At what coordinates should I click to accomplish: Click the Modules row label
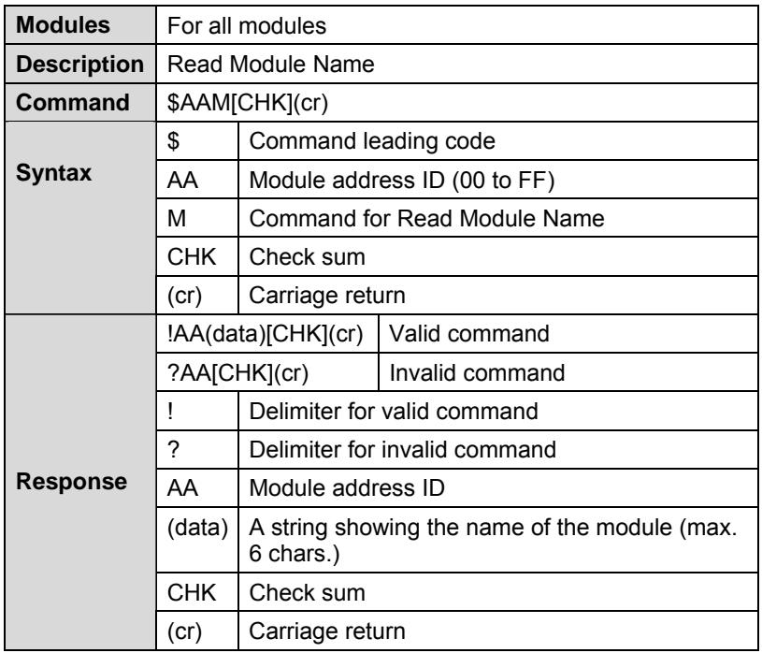(63, 25)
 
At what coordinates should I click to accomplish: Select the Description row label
(79, 65)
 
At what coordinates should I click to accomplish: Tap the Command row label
(72, 102)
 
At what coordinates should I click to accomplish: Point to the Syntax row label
(53, 173)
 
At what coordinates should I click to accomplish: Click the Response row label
(71, 482)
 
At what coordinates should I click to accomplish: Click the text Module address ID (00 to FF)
(402, 180)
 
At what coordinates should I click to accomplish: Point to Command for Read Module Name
(426, 218)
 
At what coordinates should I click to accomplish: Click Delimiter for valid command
(394, 412)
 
